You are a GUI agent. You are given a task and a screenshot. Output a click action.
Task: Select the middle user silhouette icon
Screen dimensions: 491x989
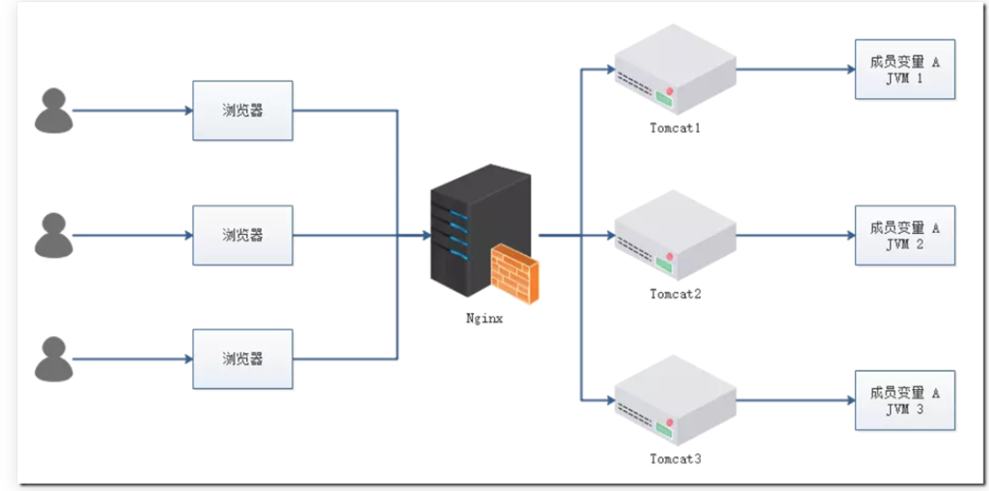(53, 235)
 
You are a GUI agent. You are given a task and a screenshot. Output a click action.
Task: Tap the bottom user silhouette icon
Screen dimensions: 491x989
(53, 359)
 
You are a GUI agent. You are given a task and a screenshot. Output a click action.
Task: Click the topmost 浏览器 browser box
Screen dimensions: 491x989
(242, 110)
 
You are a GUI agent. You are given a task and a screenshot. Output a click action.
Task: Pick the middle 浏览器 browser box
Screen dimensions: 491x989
(242, 235)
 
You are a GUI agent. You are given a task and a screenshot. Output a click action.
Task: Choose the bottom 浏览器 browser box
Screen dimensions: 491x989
(242, 359)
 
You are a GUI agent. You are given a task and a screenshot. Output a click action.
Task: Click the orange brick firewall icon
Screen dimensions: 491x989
(515, 273)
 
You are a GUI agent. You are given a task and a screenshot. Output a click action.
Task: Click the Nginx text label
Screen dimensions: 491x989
(483, 319)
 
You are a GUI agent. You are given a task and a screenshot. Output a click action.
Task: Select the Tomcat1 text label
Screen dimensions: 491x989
(675, 128)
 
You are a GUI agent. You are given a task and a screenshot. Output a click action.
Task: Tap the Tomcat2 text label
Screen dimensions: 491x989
(675, 295)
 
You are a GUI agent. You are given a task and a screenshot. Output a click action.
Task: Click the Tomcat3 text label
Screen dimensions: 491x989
(675, 458)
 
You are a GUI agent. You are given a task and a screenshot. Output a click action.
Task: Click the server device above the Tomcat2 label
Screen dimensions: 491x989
(675, 236)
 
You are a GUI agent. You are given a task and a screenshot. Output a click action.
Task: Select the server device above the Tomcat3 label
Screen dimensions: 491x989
(675, 401)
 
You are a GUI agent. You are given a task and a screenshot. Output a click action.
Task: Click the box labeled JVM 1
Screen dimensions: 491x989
(905, 70)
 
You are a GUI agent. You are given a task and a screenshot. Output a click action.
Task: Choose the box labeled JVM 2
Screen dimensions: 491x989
(905, 236)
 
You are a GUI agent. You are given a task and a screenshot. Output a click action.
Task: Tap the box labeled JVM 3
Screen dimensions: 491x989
(905, 400)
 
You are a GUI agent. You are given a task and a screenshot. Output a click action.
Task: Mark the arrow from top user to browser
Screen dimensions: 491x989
(132, 110)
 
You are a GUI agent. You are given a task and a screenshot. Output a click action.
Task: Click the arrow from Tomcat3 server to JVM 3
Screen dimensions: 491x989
(795, 400)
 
